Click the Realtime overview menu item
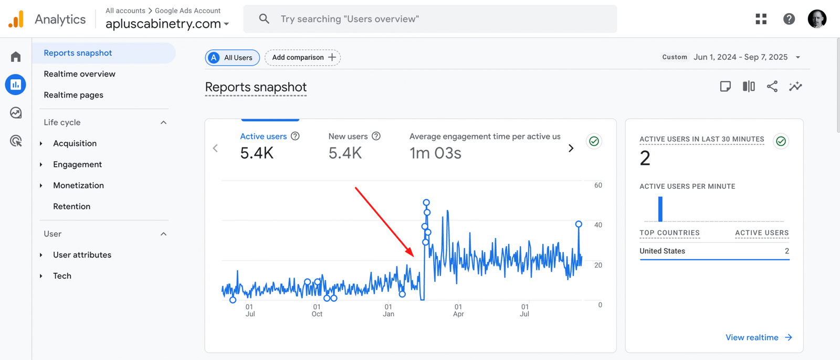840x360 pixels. [79, 74]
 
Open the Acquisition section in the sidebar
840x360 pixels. [75, 143]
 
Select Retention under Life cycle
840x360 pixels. [71, 206]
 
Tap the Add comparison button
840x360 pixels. [303, 57]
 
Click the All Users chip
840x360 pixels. [232, 57]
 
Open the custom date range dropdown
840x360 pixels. [797, 57]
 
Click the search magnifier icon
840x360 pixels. [264, 19]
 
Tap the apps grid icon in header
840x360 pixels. [761, 19]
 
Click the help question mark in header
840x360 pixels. [789, 19]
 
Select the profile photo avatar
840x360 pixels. [816, 19]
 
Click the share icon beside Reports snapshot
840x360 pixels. [772, 87]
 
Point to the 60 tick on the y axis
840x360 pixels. [598, 185]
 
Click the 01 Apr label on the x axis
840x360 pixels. [458, 310]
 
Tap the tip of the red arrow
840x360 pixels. [414, 256]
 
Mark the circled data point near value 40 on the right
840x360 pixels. [579, 224]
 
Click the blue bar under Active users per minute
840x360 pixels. [660, 209]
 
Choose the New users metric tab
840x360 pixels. [348, 136]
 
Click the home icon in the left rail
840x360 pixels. [16, 57]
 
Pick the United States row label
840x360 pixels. [662, 251]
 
